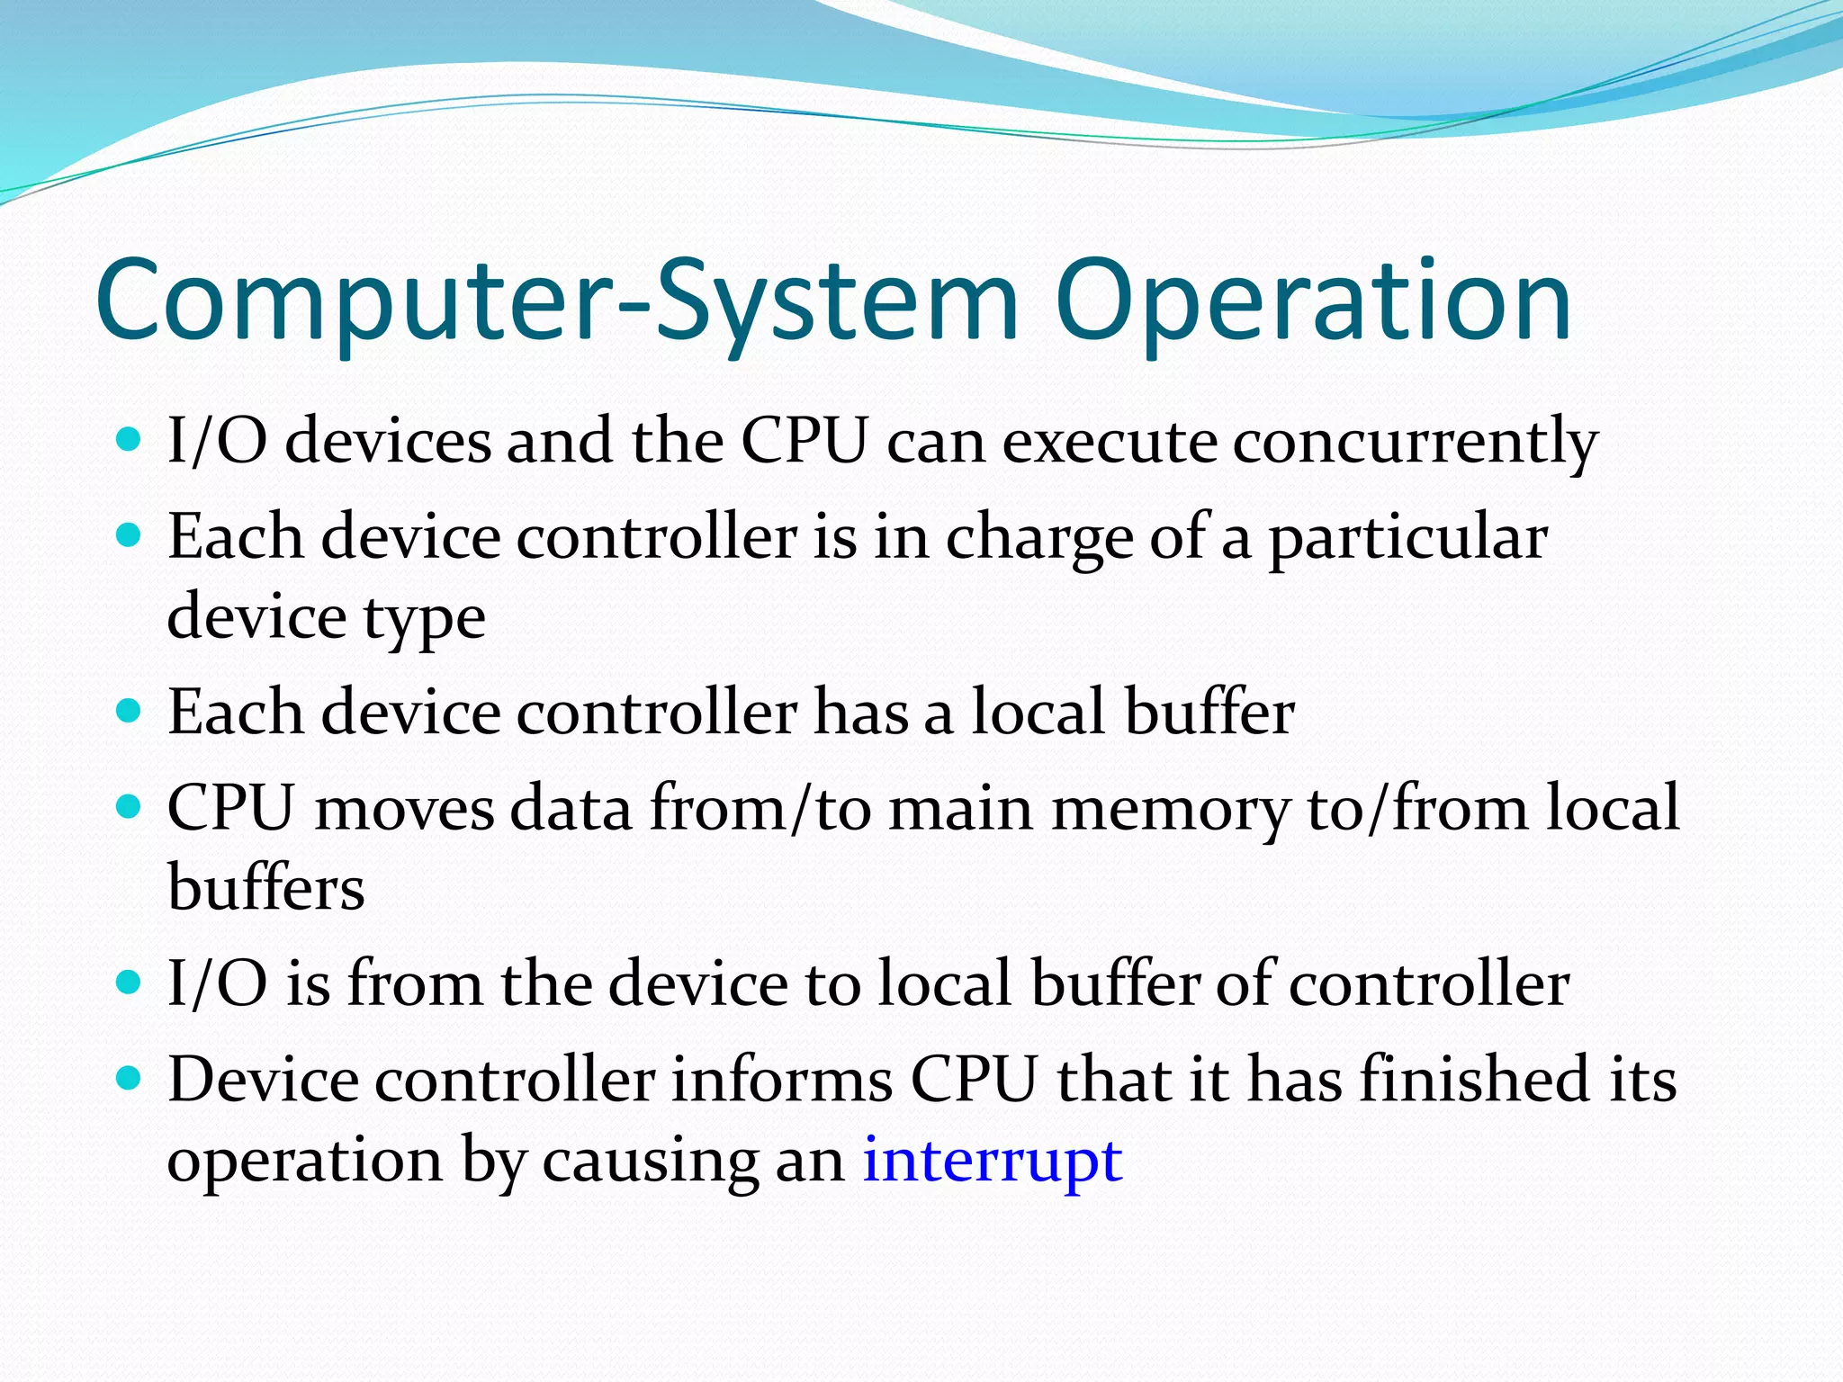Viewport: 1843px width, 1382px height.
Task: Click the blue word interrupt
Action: coord(992,1161)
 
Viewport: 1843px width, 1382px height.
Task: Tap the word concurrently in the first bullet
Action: coord(1415,443)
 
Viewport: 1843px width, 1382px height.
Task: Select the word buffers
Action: coord(266,889)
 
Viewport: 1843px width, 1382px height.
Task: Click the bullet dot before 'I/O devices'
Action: coord(130,440)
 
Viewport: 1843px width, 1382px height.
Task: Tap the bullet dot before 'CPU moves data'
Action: coord(130,806)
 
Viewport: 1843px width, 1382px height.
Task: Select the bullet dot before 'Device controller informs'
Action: coord(130,1077)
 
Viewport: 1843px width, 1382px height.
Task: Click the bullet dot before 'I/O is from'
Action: coord(130,982)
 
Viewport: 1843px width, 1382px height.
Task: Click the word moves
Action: coord(404,808)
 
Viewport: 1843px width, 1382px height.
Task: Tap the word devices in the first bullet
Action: coord(388,443)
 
